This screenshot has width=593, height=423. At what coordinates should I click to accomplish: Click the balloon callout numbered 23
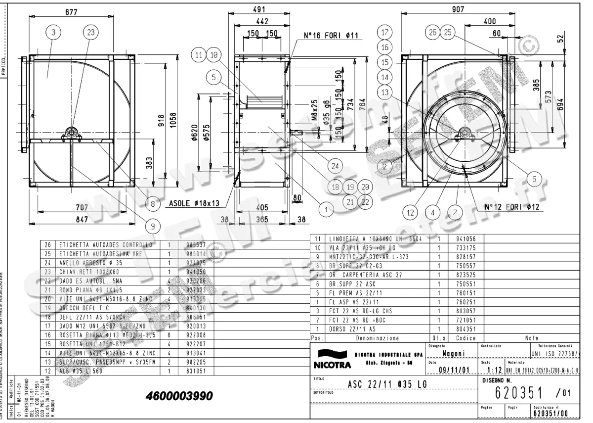pyautogui.click(x=90, y=33)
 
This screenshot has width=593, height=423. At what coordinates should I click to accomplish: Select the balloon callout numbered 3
pyautogui.click(x=53, y=33)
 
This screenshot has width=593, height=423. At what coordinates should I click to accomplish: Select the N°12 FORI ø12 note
pyautogui.click(x=508, y=208)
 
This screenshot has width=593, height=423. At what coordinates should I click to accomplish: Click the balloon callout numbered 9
pyautogui.click(x=153, y=227)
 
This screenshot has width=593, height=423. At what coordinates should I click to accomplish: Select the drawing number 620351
pyautogui.click(x=517, y=393)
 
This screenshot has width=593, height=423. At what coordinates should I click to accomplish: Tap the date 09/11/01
pyautogui.click(x=448, y=370)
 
